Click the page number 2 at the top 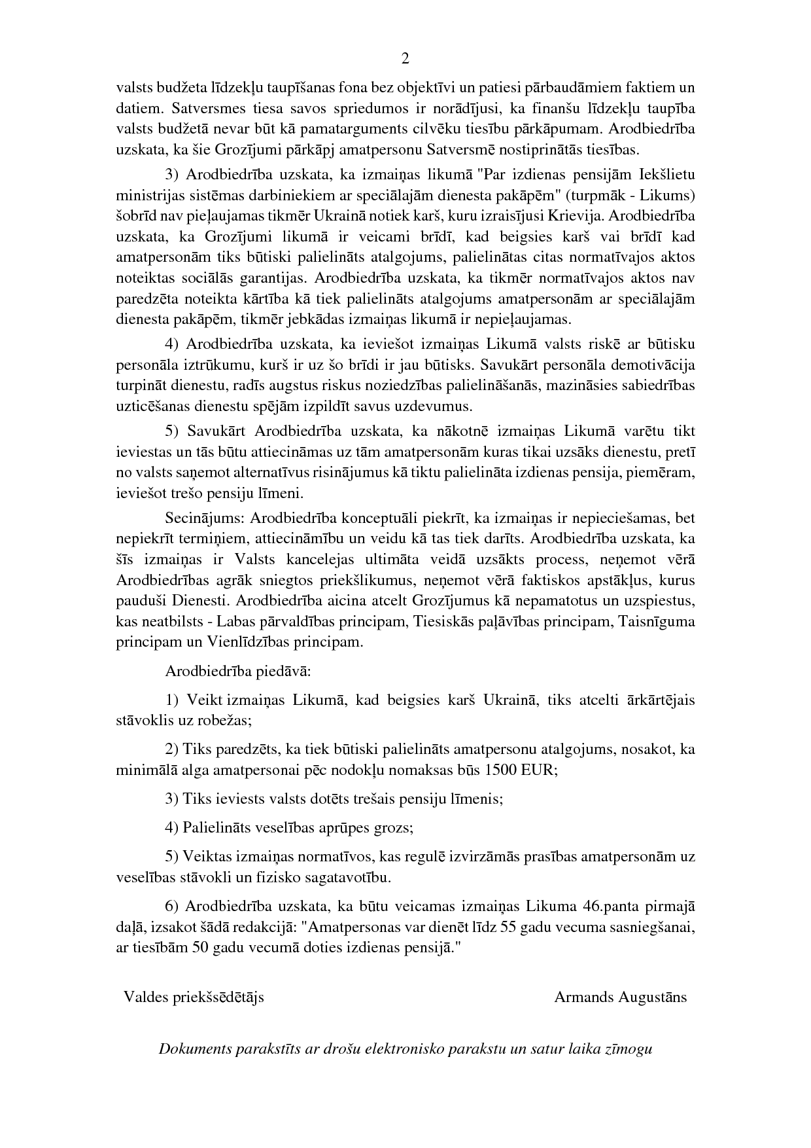(x=405, y=59)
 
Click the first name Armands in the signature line (x=584, y=997)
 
